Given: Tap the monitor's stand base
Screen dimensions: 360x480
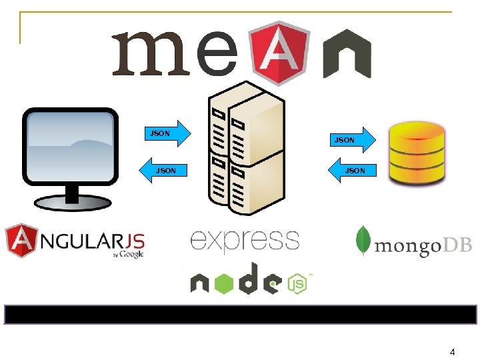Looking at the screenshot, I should click(x=69, y=200).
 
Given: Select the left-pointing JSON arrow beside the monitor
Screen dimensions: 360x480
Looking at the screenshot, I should click(x=164, y=170).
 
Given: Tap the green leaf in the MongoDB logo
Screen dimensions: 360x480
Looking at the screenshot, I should click(x=363, y=240).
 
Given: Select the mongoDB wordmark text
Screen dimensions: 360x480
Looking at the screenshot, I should click(x=423, y=246).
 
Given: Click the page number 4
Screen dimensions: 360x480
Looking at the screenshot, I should click(x=452, y=351).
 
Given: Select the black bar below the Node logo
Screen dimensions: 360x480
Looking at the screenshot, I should click(x=240, y=315).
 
